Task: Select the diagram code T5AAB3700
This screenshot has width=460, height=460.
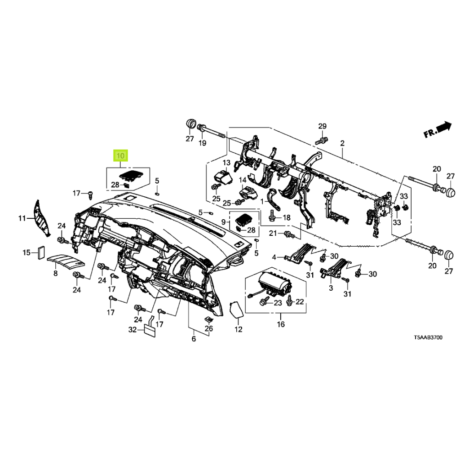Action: tap(428, 337)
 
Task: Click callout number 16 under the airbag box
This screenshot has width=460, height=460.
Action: tap(281, 324)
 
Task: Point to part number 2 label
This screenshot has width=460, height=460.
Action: tap(342, 143)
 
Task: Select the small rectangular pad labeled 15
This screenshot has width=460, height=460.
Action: tap(40, 253)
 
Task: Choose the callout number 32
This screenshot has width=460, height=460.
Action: tap(132, 330)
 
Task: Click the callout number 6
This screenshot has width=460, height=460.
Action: tap(194, 339)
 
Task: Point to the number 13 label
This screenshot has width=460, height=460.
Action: tap(226, 162)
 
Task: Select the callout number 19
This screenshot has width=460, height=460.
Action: tap(203, 143)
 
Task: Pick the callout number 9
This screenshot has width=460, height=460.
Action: tap(223, 222)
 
